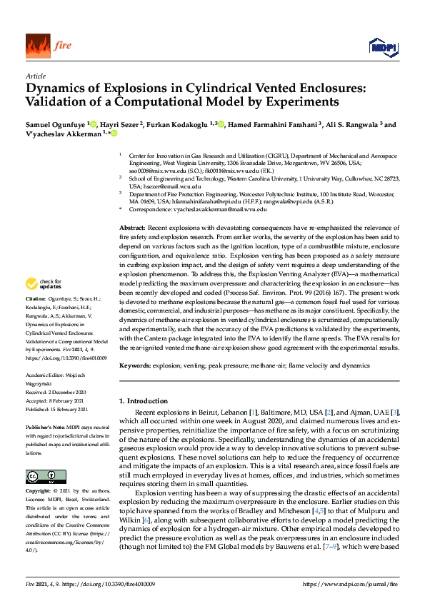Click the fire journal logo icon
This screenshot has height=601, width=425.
(37, 46)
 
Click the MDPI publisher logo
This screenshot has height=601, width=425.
(384, 47)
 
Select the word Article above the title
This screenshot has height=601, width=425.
(36, 76)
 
